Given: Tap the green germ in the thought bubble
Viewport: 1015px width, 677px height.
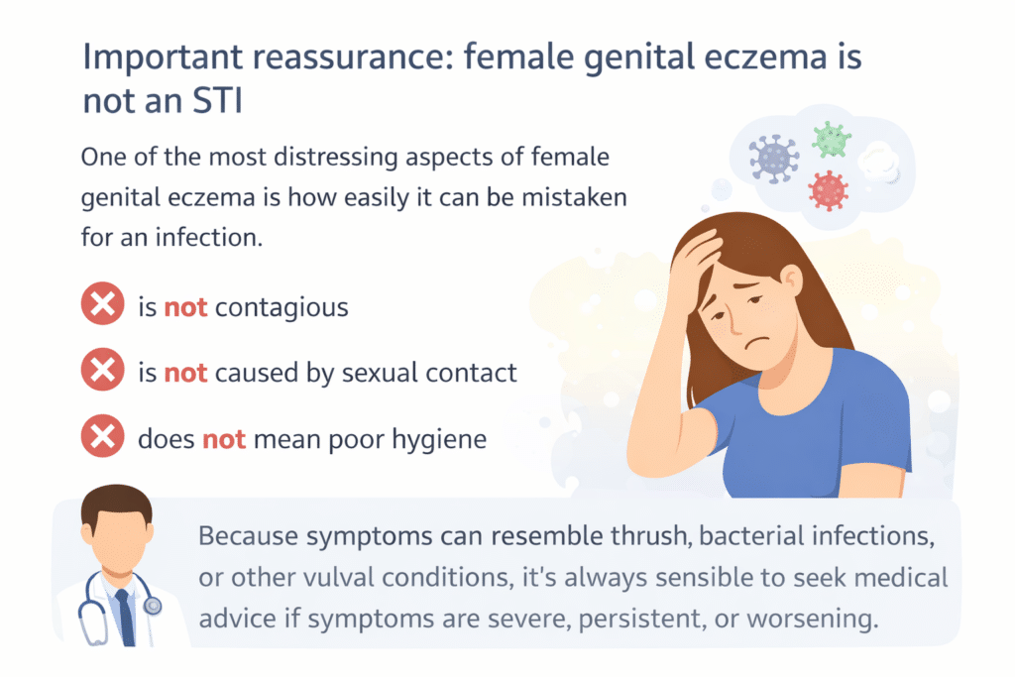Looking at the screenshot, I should pyautogui.click(x=832, y=140).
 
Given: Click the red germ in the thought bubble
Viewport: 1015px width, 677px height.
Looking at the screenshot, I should pyautogui.click(x=830, y=189).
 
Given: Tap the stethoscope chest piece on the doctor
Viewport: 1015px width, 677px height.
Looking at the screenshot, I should pyautogui.click(x=152, y=604).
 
